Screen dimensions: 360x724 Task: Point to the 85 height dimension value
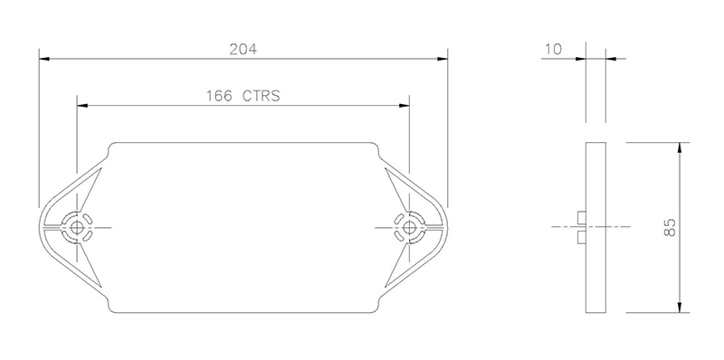point(670,228)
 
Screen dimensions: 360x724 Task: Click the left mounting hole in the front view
point(77,226)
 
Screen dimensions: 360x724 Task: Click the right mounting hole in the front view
point(410,226)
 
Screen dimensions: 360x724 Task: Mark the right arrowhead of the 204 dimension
point(443,60)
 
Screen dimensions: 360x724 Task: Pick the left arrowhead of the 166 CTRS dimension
point(82,105)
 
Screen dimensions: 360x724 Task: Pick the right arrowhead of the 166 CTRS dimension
point(405,105)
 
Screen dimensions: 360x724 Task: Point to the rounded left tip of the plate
point(43,226)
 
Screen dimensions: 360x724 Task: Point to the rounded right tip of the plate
point(444,226)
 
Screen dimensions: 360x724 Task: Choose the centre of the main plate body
point(243,226)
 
